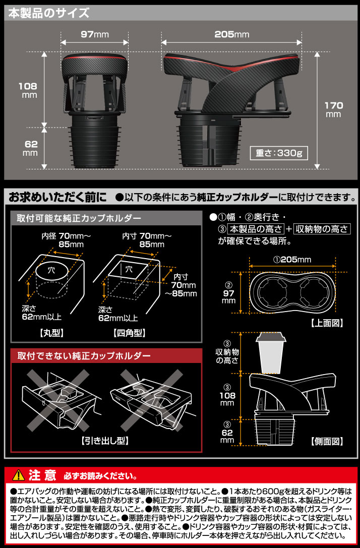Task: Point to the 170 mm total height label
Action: [333, 109]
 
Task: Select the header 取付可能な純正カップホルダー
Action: [79, 218]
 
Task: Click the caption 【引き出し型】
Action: [105, 440]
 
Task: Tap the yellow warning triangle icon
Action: [18, 475]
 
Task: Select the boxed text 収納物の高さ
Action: [321, 229]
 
